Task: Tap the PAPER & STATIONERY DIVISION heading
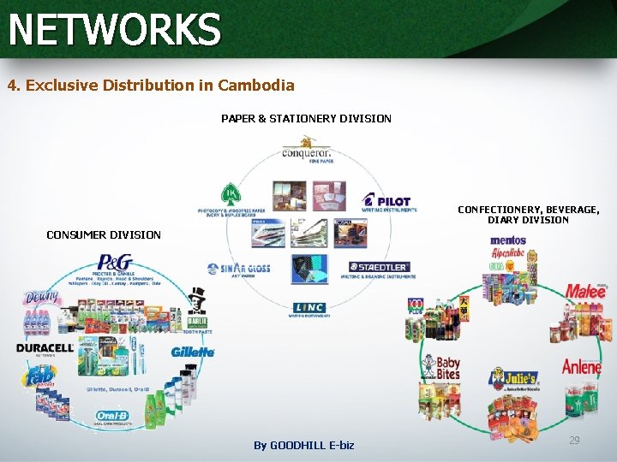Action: coord(306,119)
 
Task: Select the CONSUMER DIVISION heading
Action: coord(103,234)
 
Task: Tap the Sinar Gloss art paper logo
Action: coord(239,269)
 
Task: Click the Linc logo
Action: coord(308,308)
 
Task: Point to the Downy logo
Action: coord(43,298)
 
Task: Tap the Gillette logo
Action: coord(192,351)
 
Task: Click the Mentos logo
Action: coord(507,241)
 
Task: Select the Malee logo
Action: coord(585,291)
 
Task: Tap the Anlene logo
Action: coord(582,367)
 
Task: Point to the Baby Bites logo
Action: coord(446,369)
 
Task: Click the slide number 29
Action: coord(574,440)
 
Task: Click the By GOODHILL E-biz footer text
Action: coord(304,446)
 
